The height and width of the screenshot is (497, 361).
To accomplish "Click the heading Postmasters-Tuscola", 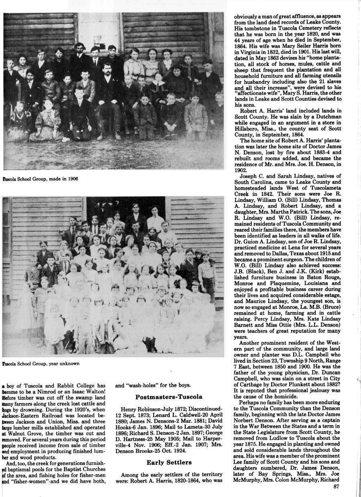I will point(169,397).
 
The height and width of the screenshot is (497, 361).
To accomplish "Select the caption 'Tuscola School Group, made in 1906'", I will point(41,179).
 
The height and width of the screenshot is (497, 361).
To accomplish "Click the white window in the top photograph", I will point(99,28).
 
